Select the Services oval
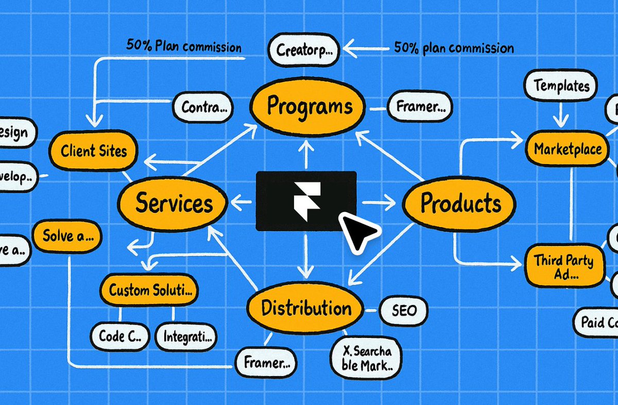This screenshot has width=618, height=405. click(174, 203)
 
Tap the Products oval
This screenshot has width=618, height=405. click(460, 203)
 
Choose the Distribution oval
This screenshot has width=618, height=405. click(306, 309)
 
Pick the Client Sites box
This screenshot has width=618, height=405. click(93, 151)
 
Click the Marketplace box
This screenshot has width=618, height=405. click(567, 150)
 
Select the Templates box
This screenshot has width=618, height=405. click(560, 86)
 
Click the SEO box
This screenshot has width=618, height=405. click(404, 311)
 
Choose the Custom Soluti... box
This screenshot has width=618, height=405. click(149, 290)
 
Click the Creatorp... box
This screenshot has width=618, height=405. click(303, 51)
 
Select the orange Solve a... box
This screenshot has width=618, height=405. click(67, 237)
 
